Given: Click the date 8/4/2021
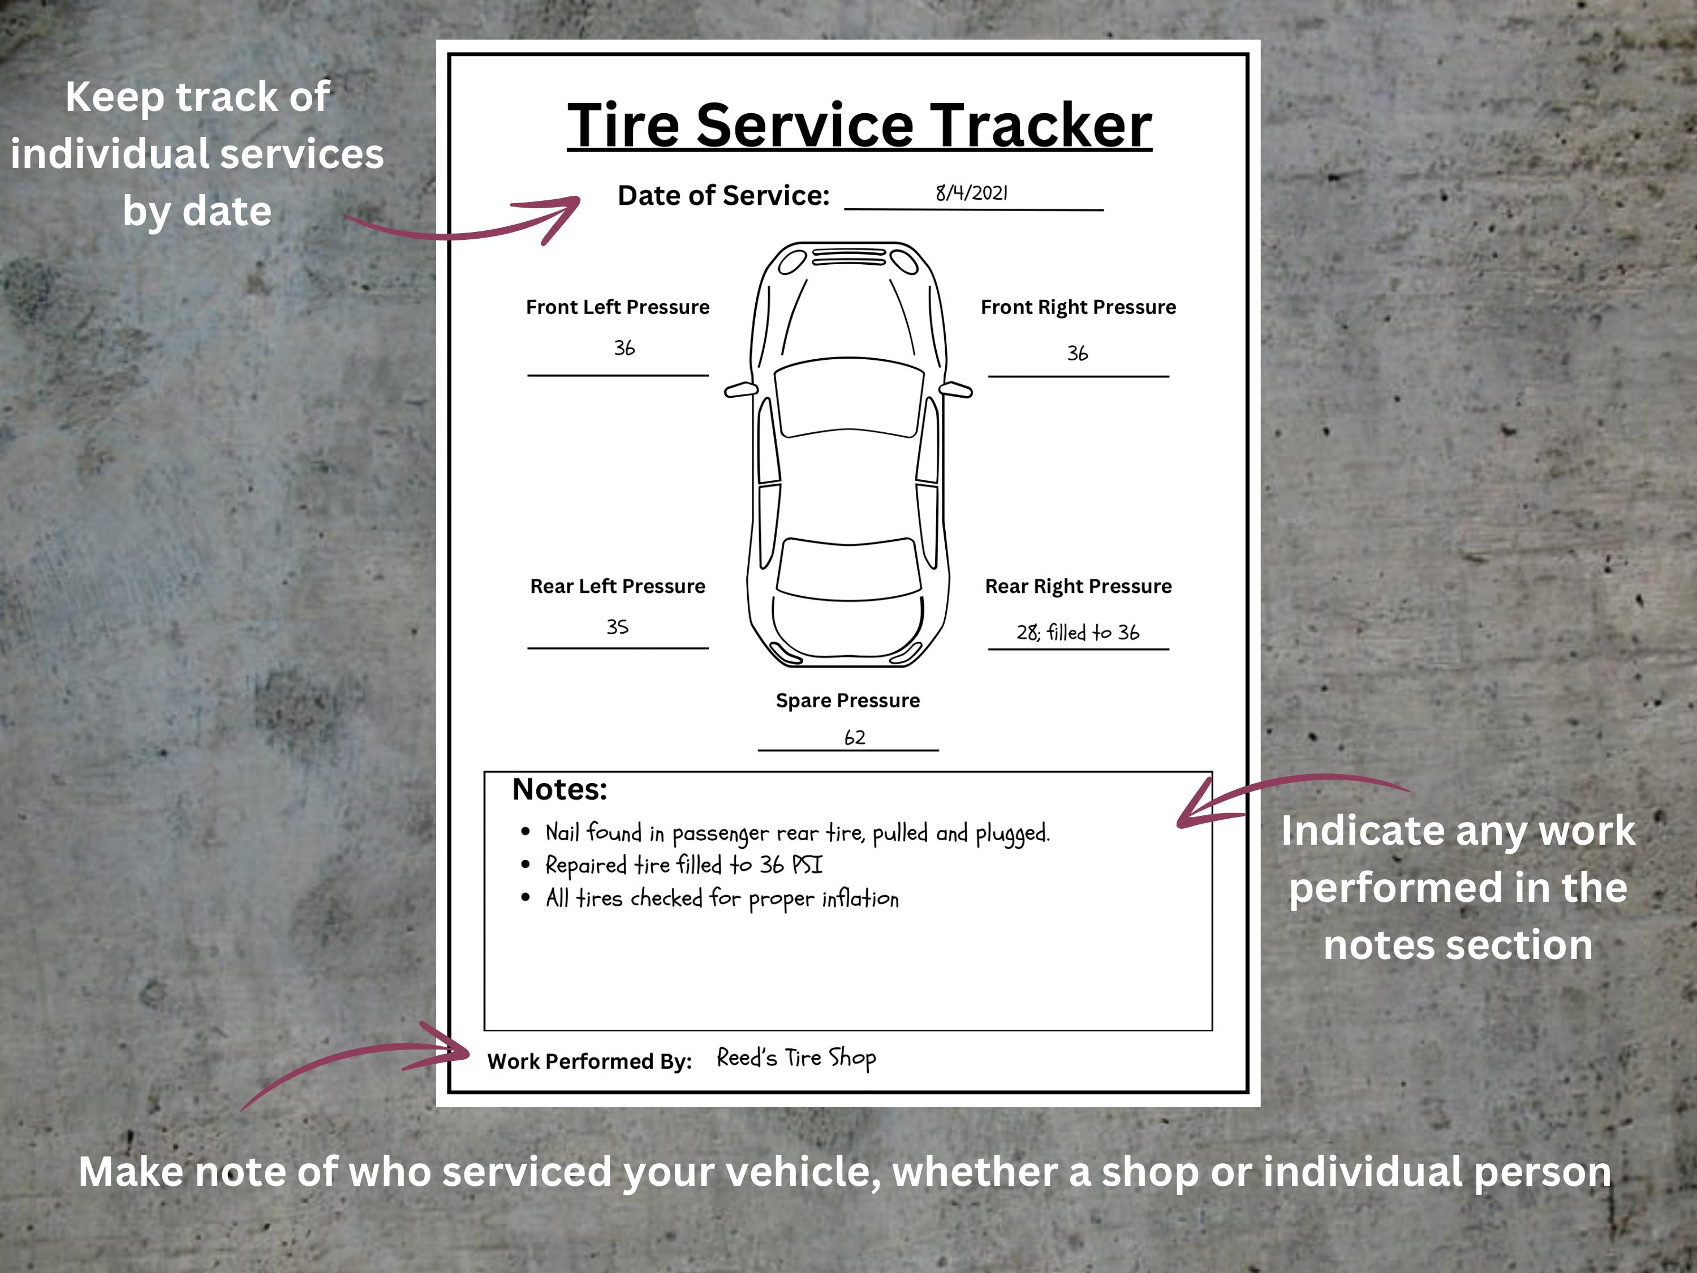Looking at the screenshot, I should pos(971,193).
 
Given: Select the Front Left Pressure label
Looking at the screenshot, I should pos(618,307).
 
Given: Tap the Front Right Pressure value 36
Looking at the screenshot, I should pos(1077,353).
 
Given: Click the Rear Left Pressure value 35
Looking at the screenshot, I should pos(618,627).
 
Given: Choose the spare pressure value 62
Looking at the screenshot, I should pos(855,737).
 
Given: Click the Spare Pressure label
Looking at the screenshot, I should pos(848,700).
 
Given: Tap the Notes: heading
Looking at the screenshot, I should pos(559,790).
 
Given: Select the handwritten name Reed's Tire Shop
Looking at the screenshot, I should pos(796,1058).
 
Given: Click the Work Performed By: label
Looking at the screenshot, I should pos(589,1061).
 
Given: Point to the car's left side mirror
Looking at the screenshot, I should pos(739,390).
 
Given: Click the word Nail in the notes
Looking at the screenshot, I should pos(562,833).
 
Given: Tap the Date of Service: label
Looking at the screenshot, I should pos(723,196).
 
